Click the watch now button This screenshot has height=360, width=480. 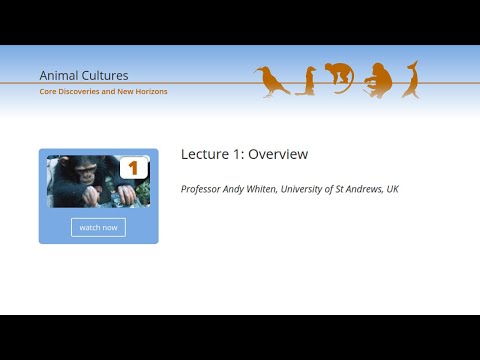(98, 227)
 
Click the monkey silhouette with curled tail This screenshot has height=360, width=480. (340, 78)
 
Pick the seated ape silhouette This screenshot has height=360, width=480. (377, 80)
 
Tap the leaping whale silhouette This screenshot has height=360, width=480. (410, 79)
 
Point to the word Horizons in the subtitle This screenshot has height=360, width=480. (149, 91)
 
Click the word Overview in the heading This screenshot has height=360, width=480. (278, 154)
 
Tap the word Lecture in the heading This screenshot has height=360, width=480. (205, 154)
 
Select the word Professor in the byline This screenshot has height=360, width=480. (204, 188)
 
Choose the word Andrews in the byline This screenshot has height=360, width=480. (367, 188)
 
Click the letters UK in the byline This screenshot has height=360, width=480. (393, 188)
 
